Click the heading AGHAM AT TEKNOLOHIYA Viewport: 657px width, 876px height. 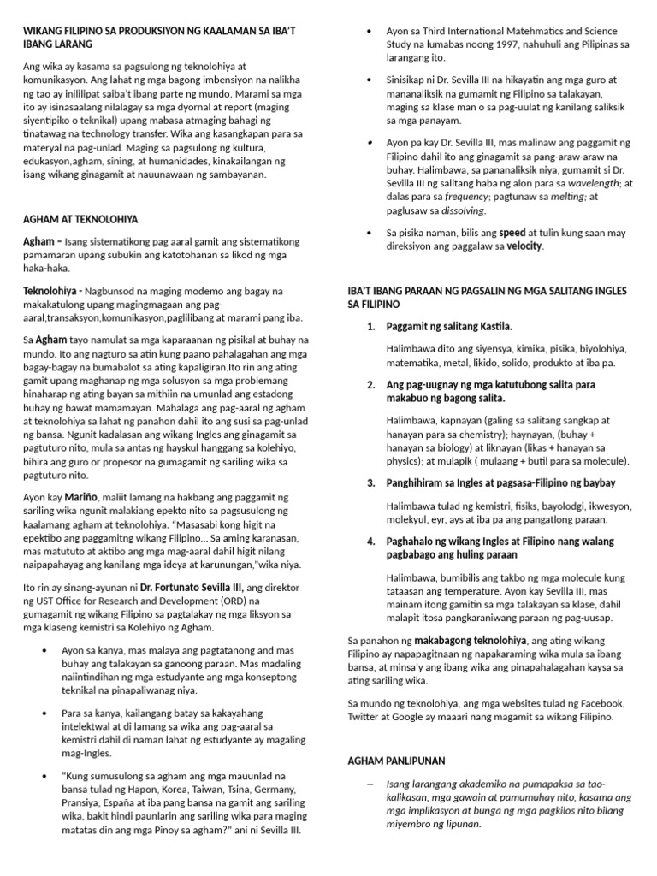(80, 219)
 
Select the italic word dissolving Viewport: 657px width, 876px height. (462, 210)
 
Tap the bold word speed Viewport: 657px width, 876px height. (512, 232)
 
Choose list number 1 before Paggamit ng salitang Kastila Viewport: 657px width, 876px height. (370, 327)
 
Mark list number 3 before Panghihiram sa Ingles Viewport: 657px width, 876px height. (370, 482)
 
